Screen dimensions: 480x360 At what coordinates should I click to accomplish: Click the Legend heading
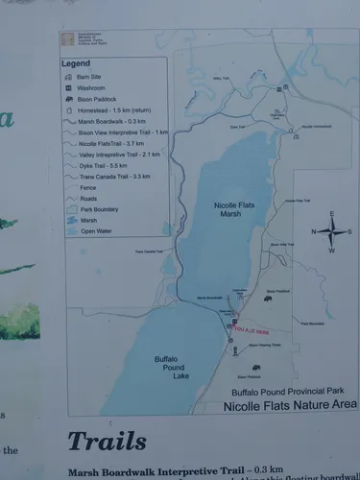(76, 63)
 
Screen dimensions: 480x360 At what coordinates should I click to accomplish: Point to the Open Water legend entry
(97, 230)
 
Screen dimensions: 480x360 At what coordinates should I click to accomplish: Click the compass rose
(331, 231)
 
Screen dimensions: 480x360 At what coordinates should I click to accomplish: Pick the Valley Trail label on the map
(222, 78)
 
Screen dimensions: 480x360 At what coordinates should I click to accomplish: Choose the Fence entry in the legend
(91, 187)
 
